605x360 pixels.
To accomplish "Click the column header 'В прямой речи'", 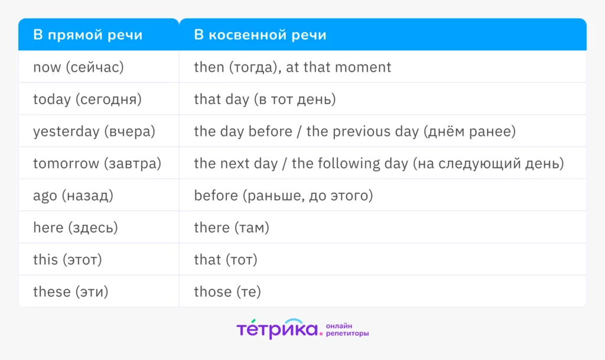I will coord(87,35).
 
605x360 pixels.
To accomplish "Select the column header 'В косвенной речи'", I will coord(260,35).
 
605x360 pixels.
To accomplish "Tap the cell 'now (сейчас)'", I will coord(79,67).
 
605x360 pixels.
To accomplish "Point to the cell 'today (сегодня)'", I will coord(87,99).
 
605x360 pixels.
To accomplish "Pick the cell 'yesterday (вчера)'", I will coord(94,131).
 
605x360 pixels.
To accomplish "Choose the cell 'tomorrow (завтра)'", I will coord(97,163).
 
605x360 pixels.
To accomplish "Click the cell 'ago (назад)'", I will coord(73,196).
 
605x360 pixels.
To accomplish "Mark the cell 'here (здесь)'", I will coord(76,228).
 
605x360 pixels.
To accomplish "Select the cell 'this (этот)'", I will coord(67,260).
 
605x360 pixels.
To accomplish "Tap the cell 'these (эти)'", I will coord(71,291).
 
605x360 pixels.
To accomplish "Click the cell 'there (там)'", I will coord(232,228).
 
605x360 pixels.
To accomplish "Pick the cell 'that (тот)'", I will coord(226,260).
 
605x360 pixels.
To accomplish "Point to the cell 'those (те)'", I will coord(227,291).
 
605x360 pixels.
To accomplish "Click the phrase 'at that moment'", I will coord(339,67).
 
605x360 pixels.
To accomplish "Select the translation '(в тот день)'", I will coord(295,99).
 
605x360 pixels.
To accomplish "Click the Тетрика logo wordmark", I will coord(277,329).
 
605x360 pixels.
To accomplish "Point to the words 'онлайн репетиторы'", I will coord(347,329).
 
